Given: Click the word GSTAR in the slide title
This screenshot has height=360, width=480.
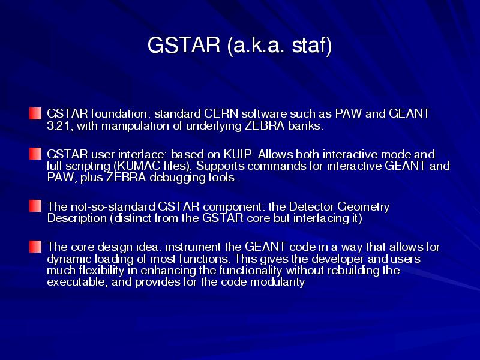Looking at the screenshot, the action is [x=184, y=45].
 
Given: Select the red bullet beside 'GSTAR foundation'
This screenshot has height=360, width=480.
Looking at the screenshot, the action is [x=35, y=113].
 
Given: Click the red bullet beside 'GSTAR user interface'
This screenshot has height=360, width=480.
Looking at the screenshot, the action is [x=35, y=154].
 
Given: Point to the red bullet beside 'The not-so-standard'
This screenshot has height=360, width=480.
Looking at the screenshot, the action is [x=35, y=206].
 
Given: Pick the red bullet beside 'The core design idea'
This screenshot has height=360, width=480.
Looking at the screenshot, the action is [x=35, y=247].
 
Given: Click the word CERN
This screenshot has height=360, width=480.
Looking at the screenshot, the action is [x=221, y=113].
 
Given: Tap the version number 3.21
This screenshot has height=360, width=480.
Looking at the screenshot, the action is [x=59, y=126].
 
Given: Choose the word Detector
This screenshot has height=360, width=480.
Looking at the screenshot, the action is [x=311, y=206].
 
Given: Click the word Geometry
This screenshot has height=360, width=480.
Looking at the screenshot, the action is [x=364, y=207].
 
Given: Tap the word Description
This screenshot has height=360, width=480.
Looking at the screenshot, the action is [x=77, y=219].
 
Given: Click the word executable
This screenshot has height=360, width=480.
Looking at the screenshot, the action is [x=77, y=281].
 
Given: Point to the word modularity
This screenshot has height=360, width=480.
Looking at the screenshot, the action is [x=278, y=282].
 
